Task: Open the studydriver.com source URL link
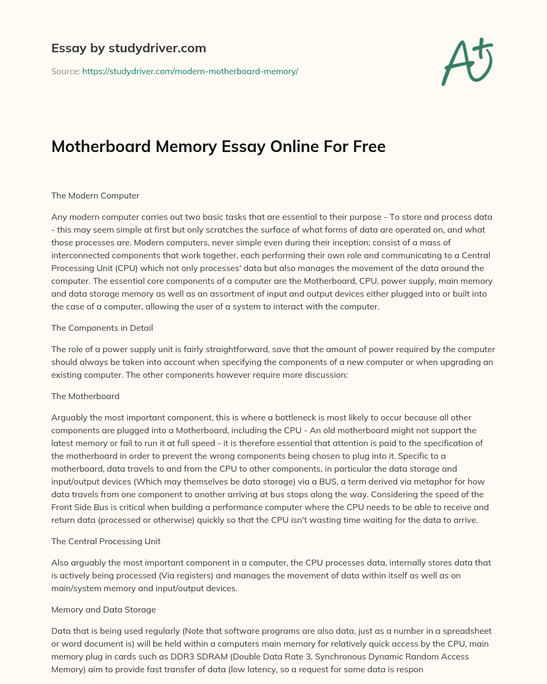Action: click(190, 71)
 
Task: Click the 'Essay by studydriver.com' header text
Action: click(128, 48)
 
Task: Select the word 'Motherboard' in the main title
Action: click(101, 146)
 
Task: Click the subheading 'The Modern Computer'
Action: click(95, 195)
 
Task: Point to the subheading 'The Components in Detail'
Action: click(102, 328)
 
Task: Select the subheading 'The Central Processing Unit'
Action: click(106, 541)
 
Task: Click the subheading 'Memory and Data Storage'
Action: click(104, 609)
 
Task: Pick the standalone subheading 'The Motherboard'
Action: click(85, 396)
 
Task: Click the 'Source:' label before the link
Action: click(65, 71)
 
